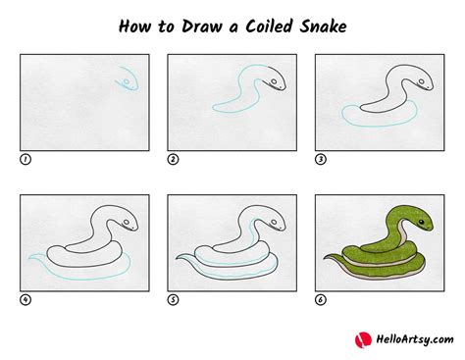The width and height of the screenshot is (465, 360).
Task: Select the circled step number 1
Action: click(25, 158)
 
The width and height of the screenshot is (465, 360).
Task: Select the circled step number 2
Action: click(173, 158)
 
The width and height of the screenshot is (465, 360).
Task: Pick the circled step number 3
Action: click(320, 158)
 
